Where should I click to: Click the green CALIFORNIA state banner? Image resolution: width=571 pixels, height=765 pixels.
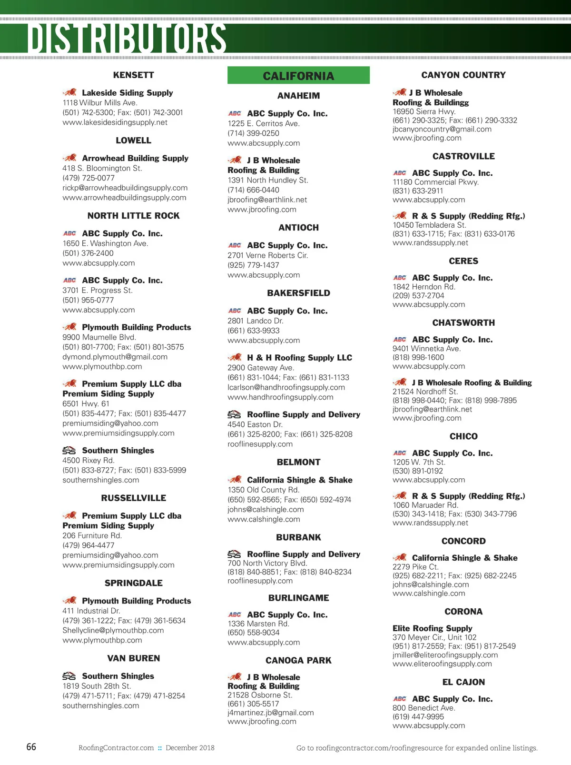[298, 75]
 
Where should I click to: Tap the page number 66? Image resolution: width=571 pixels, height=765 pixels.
[31, 746]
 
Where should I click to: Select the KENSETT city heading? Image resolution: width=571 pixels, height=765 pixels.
[133, 75]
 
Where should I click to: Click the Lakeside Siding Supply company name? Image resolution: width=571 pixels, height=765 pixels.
[127, 92]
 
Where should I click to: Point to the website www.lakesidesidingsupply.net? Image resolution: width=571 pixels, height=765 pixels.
[115, 122]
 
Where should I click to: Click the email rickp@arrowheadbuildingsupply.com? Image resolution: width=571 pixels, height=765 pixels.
[125, 188]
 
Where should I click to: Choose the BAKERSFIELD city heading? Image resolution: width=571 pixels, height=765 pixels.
[298, 293]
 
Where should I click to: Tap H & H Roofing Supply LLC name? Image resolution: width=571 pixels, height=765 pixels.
[299, 357]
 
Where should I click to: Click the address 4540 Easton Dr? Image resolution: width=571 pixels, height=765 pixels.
[255, 424]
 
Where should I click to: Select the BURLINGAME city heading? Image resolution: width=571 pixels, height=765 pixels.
[298, 598]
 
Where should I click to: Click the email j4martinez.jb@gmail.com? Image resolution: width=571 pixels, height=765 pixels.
[270, 713]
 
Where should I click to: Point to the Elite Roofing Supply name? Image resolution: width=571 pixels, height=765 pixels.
[432, 628]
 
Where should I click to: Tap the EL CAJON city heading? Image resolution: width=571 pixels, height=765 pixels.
[463, 682]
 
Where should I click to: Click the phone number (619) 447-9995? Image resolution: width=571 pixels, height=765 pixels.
[418, 717]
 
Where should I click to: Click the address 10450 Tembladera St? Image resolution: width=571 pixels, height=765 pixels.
[429, 225]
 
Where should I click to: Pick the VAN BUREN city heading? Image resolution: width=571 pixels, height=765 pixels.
[133, 658]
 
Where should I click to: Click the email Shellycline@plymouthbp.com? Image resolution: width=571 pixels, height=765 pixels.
[113, 630]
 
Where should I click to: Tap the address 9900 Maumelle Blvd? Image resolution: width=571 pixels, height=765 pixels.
[99, 337]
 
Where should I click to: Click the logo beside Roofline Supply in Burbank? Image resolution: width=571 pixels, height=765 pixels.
[234, 554]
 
